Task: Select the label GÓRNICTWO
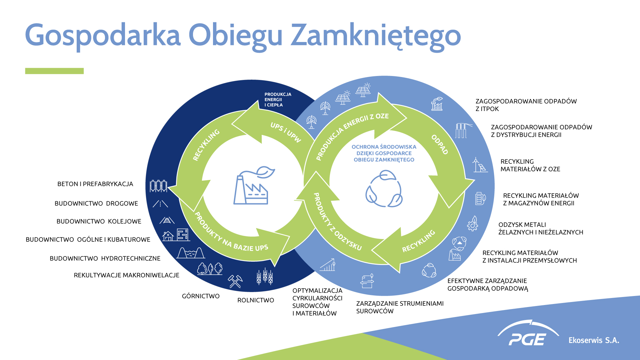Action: coord(201,296)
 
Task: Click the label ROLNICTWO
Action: coord(256,300)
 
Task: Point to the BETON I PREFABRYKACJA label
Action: coord(95,184)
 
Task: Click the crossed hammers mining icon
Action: coord(235,281)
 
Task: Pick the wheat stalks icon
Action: coord(265,276)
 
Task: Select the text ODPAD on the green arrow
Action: coord(440,145)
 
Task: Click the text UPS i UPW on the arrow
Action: coord(286,132)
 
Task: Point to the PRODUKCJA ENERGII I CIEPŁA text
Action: coord(278,100)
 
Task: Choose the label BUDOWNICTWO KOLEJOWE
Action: coord(99,221)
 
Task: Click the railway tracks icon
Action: coord(167,220)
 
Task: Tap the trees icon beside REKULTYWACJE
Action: coord(210,269)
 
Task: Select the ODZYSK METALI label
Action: coord(541,229)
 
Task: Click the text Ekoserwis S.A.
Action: coord(594,340)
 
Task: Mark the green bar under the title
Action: coord(54,71)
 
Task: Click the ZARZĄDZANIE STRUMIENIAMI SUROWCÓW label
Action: coord(400,307)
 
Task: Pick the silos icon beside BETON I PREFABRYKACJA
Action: coord(158,186)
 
